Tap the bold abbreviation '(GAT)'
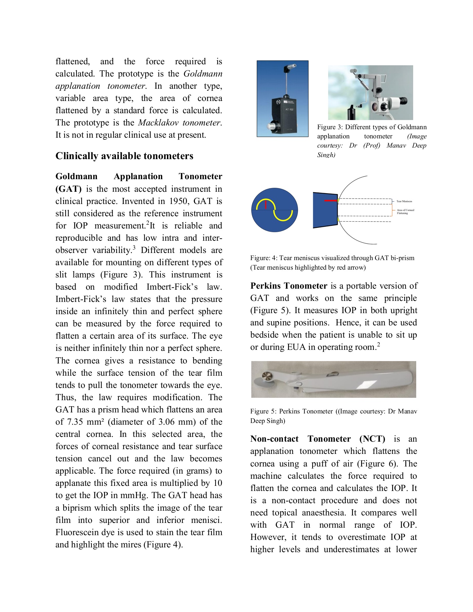(68, 189)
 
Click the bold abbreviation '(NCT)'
(372, 439)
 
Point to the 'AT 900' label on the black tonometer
(289, 109)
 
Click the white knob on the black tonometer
(271, 126)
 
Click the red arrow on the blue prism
(331, 201)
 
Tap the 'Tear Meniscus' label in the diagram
(404, 201)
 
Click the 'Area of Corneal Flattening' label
(405, 211)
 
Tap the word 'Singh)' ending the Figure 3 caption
(326, 155)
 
